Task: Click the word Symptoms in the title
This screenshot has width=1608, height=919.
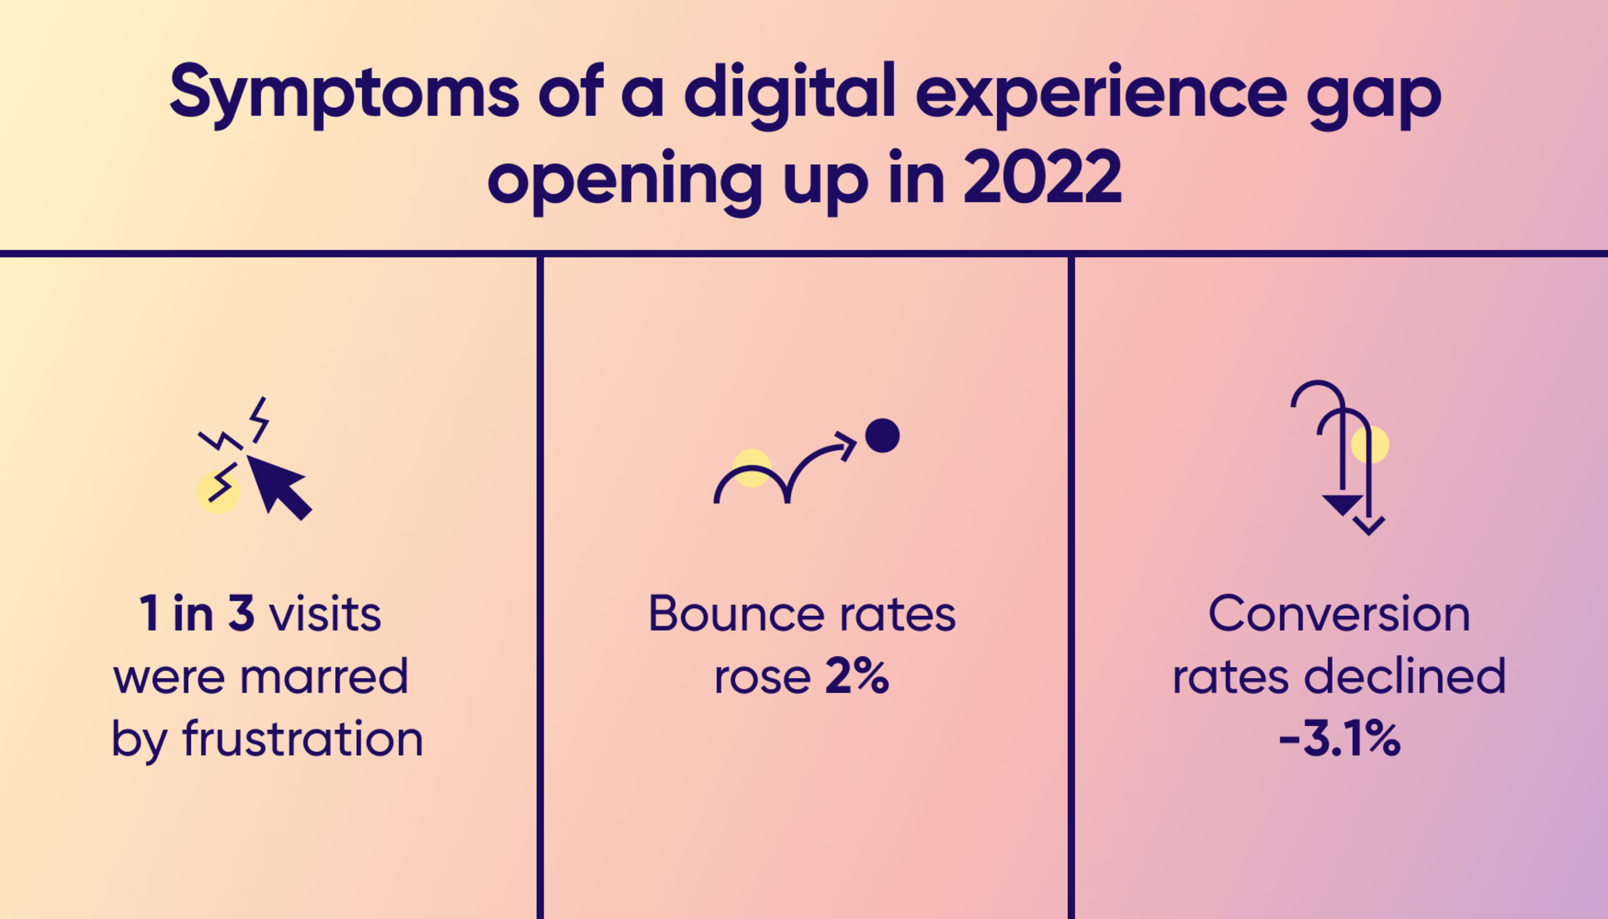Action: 344,95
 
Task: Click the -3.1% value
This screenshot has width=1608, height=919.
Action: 1339,738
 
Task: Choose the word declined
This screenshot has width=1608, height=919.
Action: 1405,676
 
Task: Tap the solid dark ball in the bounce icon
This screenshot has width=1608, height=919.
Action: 882,436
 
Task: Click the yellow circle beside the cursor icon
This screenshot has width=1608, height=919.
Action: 218,492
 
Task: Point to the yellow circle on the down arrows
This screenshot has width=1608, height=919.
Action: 1370,444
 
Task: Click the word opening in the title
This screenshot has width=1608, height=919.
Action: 624,181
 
